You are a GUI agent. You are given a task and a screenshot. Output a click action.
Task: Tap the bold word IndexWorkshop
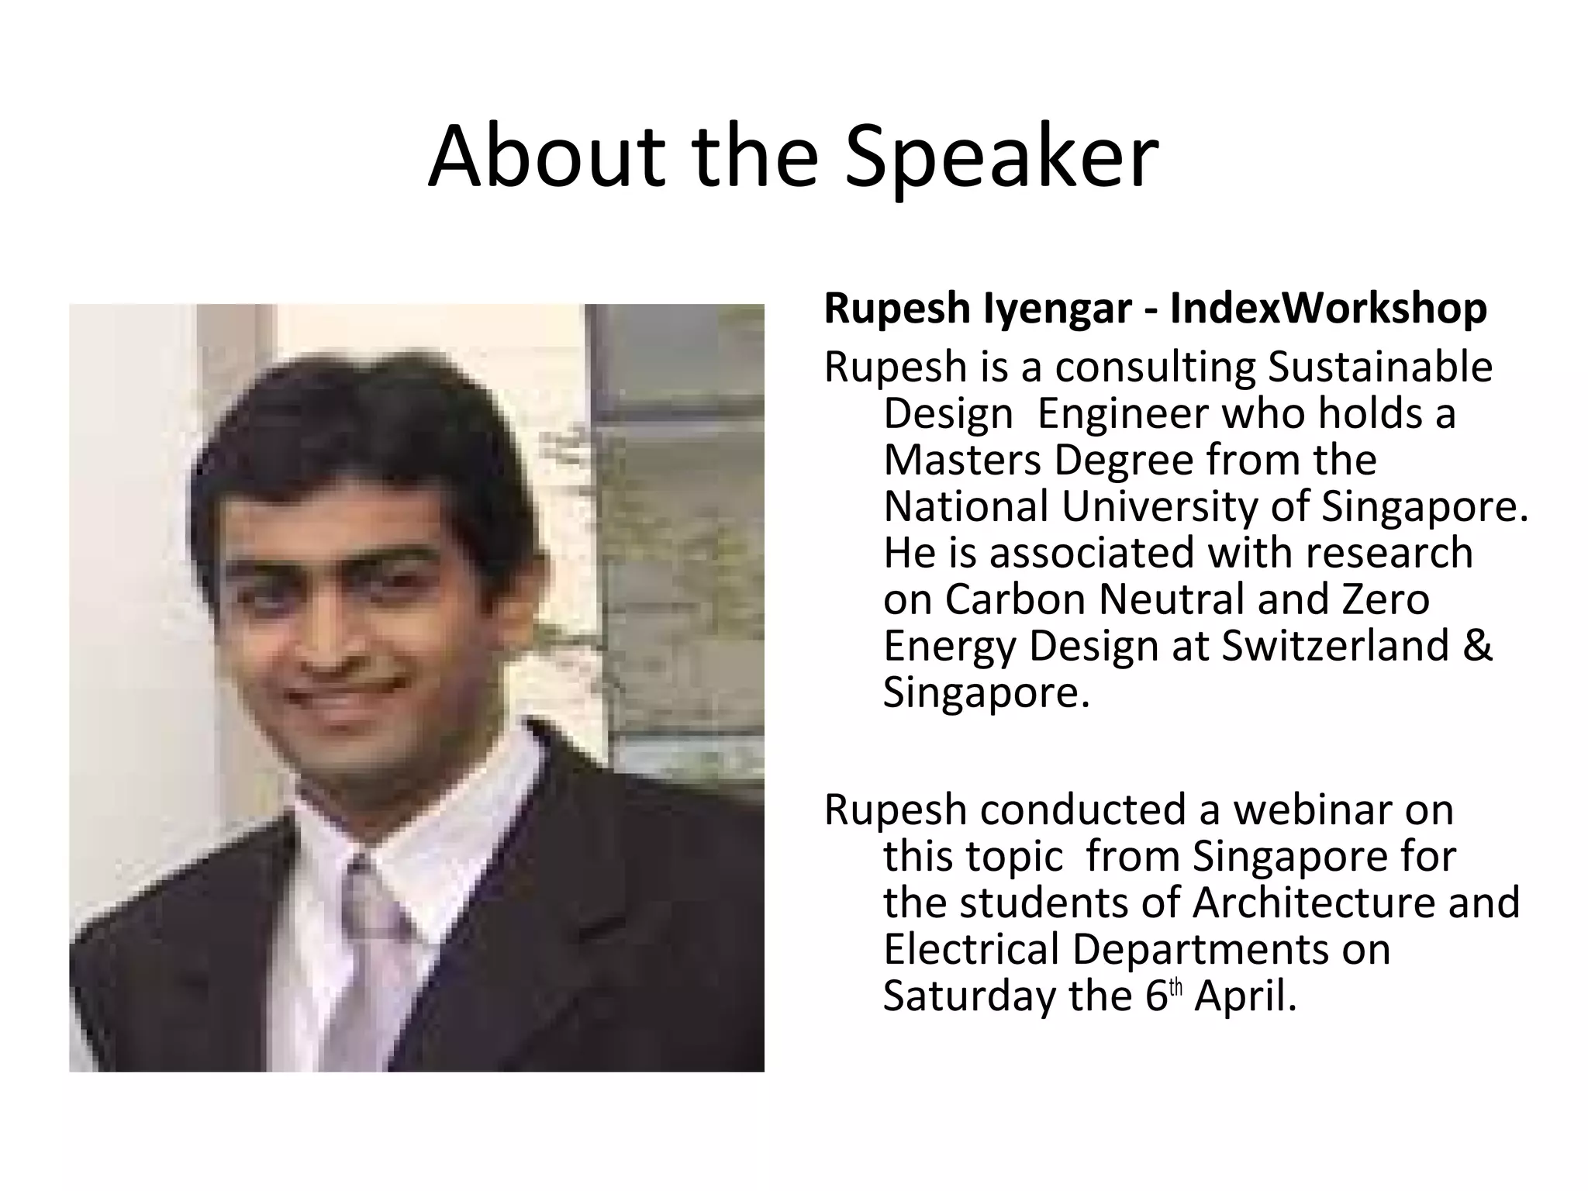tap(1328, 308)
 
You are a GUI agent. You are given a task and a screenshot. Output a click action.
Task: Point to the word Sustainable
tap(1380, 367)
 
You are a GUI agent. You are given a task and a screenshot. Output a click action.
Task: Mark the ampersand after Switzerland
tap(1479, 646)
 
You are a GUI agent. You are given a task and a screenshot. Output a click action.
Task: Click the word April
tap(1245, 997)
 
